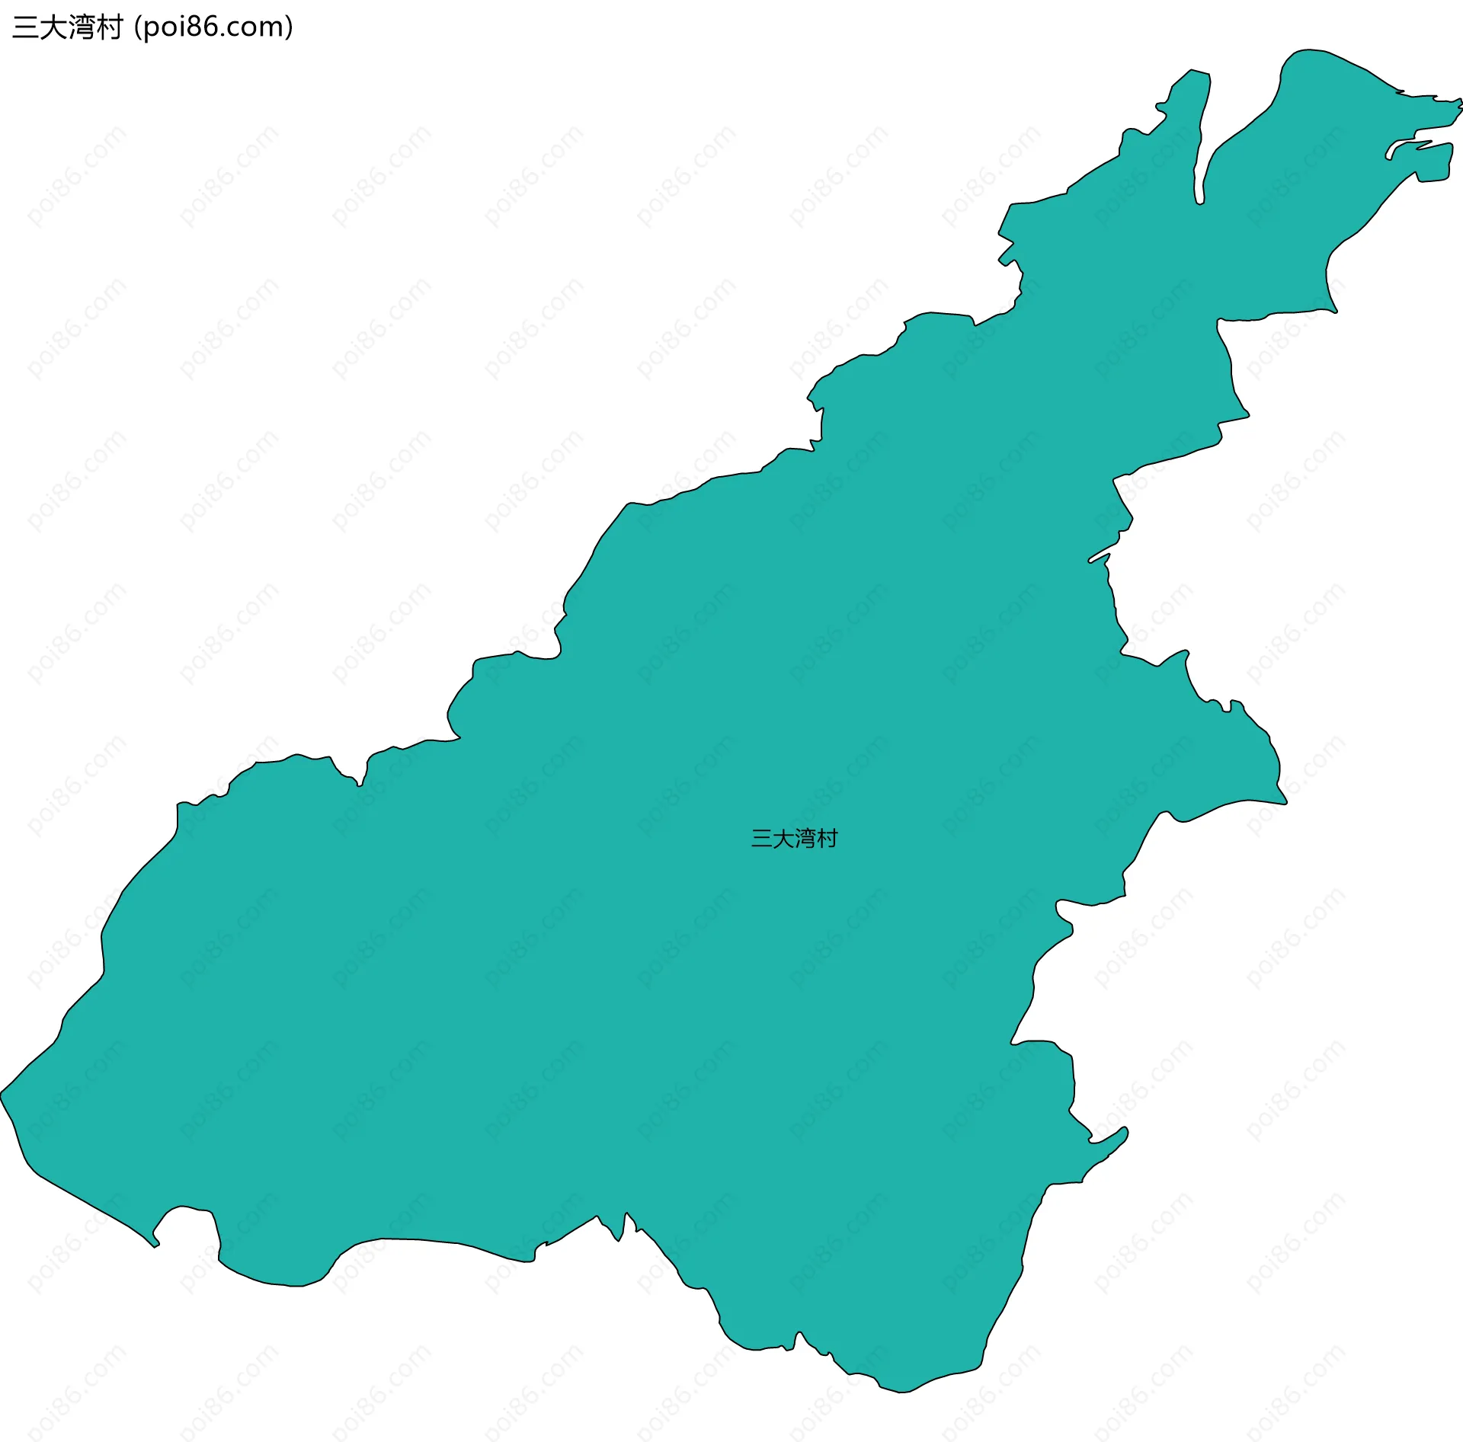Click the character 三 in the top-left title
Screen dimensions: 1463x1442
click(25, 27)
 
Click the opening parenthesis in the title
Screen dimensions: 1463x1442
click(137, 28)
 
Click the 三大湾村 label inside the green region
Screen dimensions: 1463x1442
click(794, 838)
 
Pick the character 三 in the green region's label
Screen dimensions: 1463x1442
click(761, 838)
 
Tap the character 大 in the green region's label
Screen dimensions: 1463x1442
click(783, 838)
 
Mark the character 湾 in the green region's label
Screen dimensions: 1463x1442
click(805, 838)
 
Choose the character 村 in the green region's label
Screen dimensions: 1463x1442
click(828, 838)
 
